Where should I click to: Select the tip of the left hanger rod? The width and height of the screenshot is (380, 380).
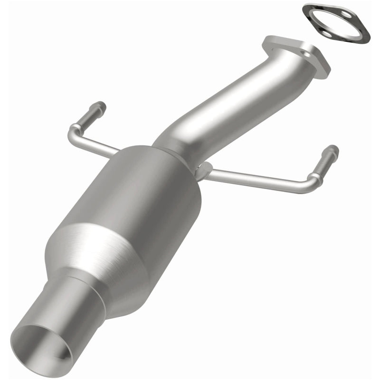101,105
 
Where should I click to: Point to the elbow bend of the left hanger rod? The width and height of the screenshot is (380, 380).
73,129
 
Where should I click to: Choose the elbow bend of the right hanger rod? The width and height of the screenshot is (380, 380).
314,183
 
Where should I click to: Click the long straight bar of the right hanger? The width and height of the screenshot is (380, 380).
256,178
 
